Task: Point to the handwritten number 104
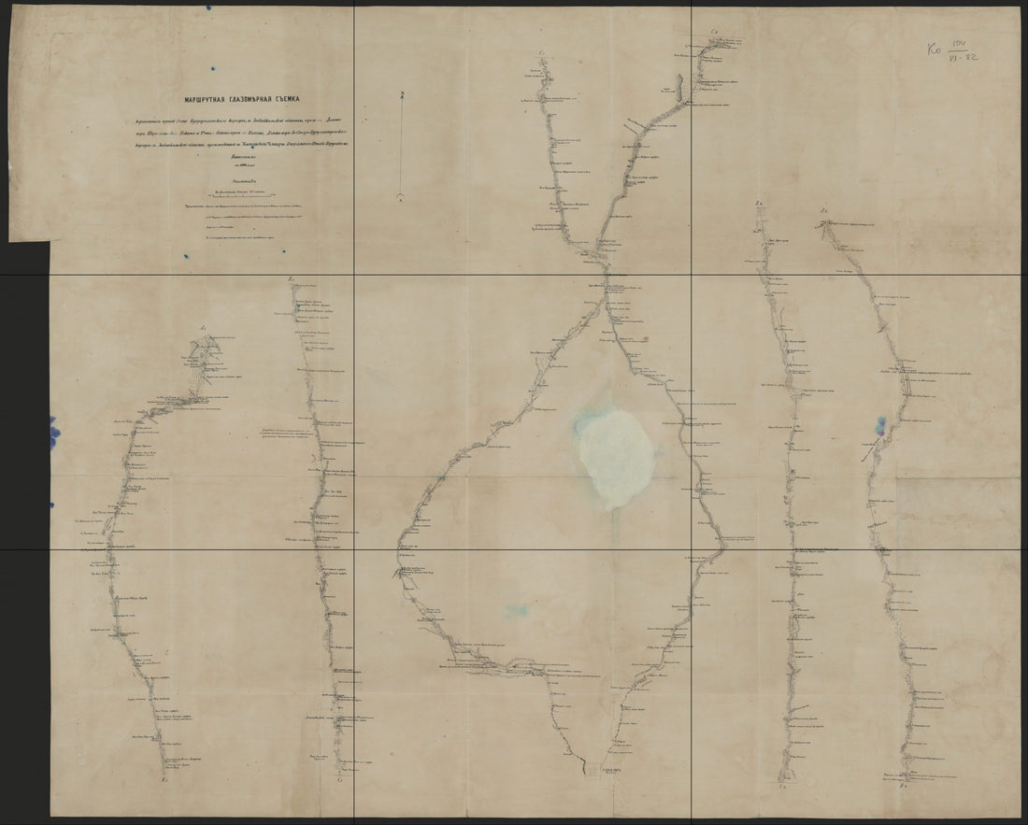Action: click(956, 44)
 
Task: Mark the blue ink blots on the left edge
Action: click(53, 433)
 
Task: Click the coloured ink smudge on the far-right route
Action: click(879, 425)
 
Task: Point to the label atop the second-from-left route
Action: click(293, 279)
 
